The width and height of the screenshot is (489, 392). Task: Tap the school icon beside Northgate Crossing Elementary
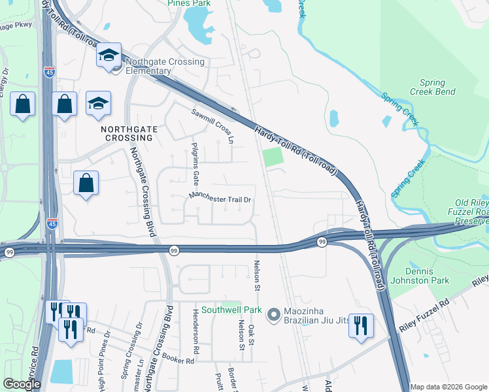[109, 56]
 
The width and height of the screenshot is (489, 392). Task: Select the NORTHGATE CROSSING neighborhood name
[128, 133]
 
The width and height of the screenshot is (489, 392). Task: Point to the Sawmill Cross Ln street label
[212, 126]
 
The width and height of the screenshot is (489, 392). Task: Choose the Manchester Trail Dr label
[220, 198]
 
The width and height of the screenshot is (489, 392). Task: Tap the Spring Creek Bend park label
[432, 88]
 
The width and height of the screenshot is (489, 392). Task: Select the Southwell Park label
[231, 310]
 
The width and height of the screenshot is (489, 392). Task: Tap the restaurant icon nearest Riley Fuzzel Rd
[360, 324]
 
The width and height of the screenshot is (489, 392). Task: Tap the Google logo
[22, 385]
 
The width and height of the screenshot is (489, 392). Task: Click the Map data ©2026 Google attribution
[448, 387]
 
